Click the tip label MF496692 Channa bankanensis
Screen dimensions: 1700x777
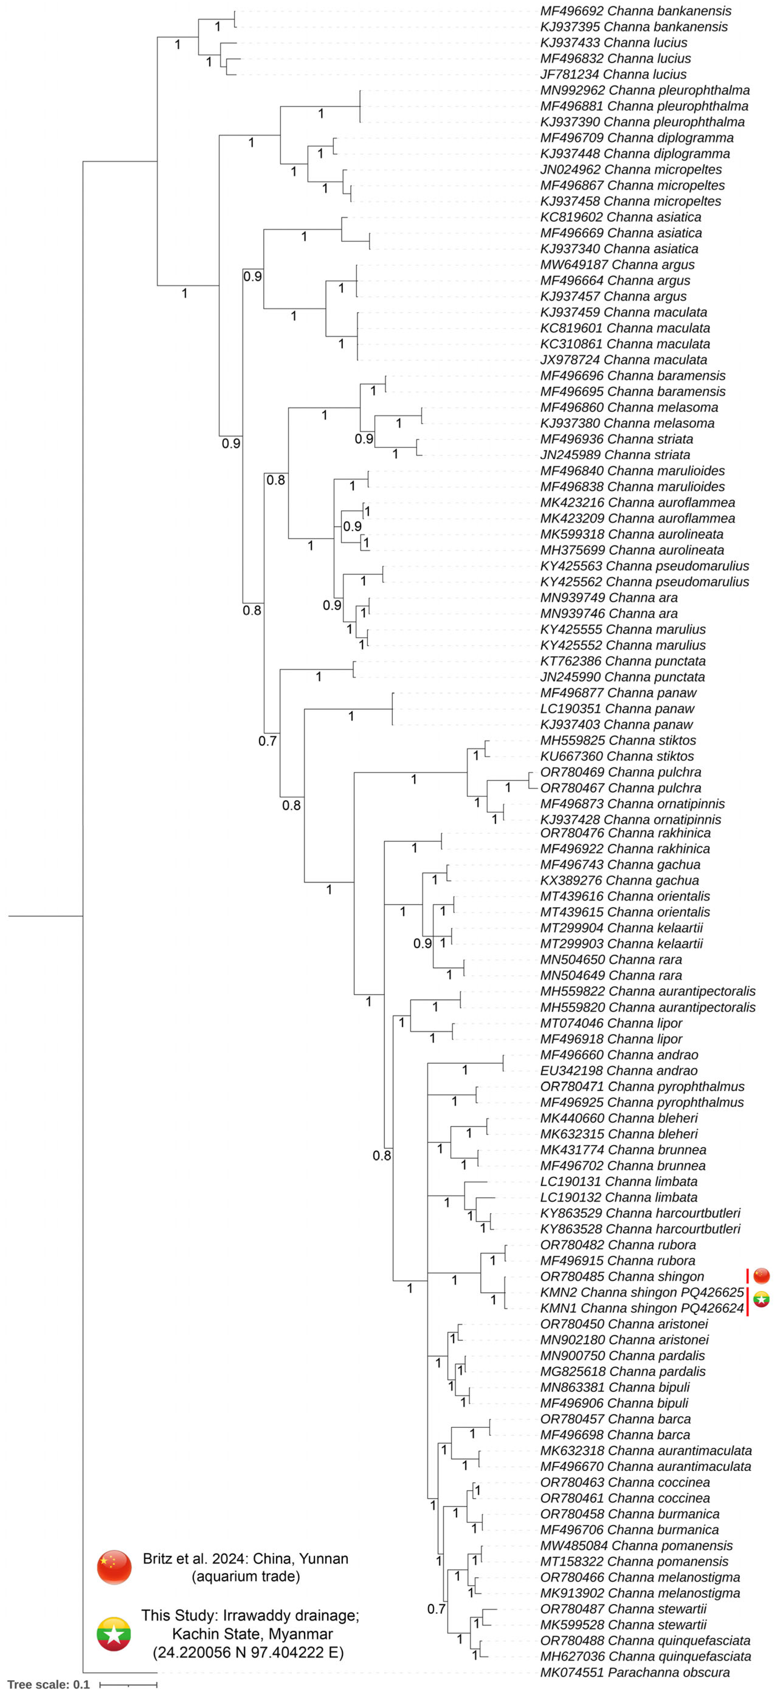(635, 11)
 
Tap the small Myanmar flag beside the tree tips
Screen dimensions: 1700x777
(761, 1300)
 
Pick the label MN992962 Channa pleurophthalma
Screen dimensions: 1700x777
(644, 91)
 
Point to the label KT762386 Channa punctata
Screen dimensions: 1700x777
(623, 661)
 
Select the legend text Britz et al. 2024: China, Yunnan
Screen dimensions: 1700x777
(246, 1559)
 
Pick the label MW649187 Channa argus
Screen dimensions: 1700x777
(617, 265)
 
